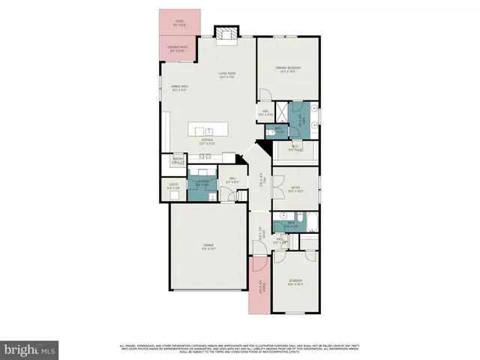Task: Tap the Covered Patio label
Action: click(x=178, y=49)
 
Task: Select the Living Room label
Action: click(x=226, y=74)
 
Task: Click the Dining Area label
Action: click(x=178, y=88)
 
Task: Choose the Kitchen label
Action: click(x=207, y=141)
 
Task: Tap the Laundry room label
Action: click(x=202, y=182)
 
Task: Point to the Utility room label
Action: click(x=172, y=187)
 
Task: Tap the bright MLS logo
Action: click(x=29, y=349)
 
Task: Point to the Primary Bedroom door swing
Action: click(x=265, y=94)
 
